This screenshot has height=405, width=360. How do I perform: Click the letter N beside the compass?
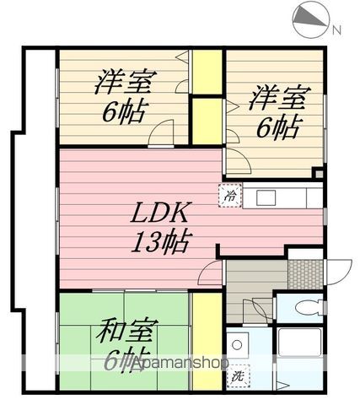click(336, 31)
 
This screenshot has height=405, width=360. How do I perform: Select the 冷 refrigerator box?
click(230, 194)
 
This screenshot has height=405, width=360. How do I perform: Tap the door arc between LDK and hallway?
click(211, 273)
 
